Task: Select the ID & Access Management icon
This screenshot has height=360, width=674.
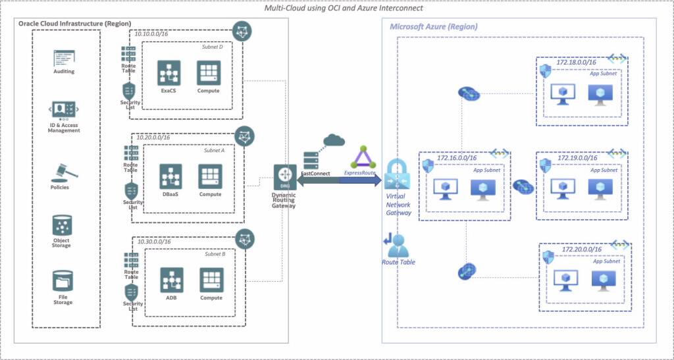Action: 64,110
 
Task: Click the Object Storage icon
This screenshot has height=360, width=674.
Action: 62,226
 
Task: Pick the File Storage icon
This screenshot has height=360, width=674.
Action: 63,282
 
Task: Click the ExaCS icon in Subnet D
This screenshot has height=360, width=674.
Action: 168,72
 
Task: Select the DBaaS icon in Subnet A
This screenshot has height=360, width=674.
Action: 170,176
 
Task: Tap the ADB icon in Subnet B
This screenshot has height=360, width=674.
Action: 171,280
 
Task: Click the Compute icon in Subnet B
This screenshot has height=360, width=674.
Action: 211,280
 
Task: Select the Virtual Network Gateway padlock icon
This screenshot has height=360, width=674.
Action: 398,174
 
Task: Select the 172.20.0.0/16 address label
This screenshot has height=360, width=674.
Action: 581,250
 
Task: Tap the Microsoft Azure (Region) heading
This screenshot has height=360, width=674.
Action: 433,27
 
